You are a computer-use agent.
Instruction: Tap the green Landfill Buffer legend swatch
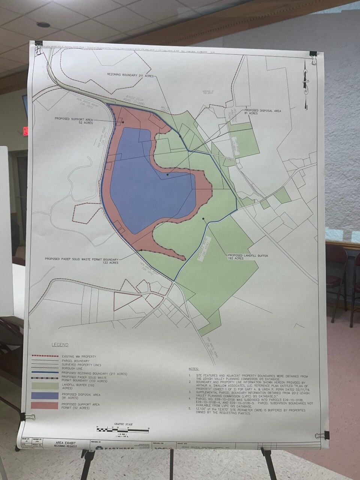(x=45, y=385)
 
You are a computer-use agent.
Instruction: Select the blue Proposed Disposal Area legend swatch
(x=45, y=395)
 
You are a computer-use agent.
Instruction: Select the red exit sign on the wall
(x=25, y=131)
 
